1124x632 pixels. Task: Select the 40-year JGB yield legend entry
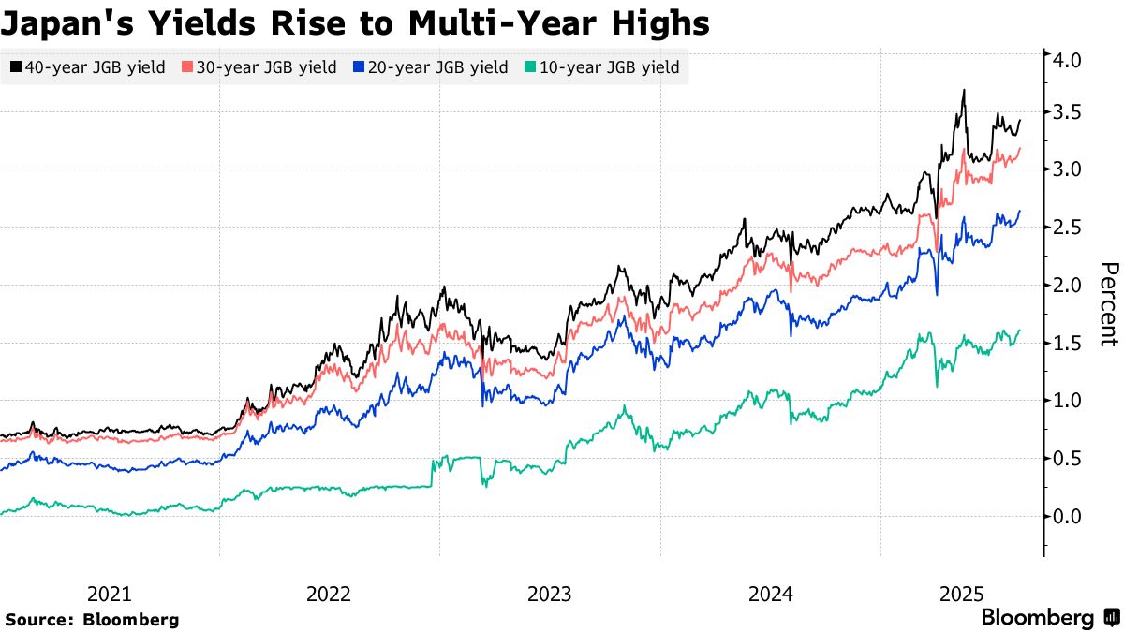[89, 67]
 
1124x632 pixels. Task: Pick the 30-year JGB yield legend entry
[259, 67]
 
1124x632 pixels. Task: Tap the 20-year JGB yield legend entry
[431, 67]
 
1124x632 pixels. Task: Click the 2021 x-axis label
[110, 594]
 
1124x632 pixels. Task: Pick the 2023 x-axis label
[550, 594]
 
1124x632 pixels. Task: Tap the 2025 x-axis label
[962, 594]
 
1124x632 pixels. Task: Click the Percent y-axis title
[1108, 304]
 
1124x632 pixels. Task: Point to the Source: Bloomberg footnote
[92, 619]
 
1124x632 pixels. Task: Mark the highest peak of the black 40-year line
[964, 91]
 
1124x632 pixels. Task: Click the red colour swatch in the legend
[187, 67]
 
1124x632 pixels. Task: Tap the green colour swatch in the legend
[530, 67]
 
